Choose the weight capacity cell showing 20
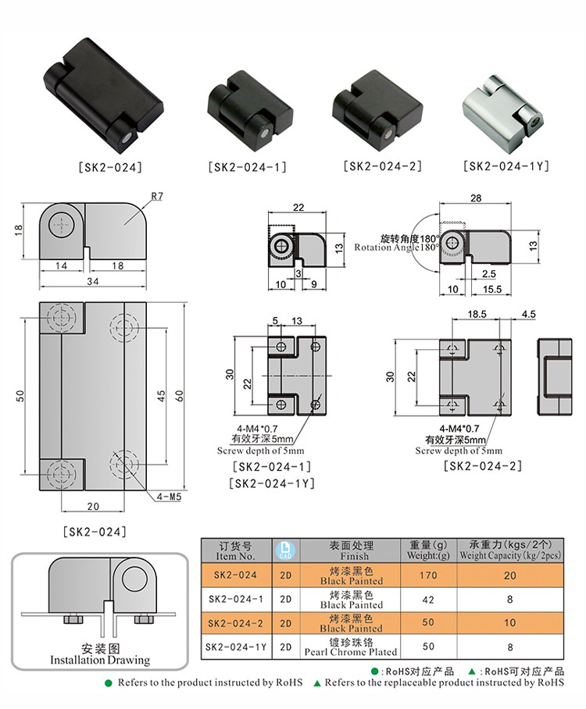click(510, 575)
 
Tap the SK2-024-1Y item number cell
click(236, 647)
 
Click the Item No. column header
click(236, 551)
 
